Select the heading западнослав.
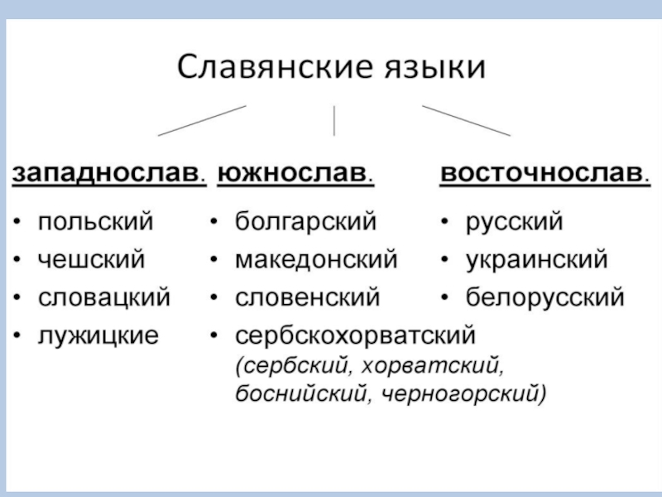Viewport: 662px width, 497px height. click(x=108, y=176)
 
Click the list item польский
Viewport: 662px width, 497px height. click(x=96, y=222)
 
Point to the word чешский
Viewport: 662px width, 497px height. click(x=92, y=259)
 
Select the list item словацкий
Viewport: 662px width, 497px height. click(x=104, y=297)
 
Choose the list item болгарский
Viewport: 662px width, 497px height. click(x=306, y=222)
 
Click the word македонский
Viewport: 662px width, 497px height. click(x=317, y=259)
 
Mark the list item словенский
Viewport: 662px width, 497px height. click(x=308, y=297)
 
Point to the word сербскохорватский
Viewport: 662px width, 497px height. click(x=356, y=335)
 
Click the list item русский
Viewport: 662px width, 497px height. click(x=514, y=222)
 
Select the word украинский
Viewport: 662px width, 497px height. click(x=536, y=259)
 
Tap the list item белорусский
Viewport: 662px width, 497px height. click(x=544, y=297)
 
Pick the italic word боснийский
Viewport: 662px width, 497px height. click(x=303, y=391)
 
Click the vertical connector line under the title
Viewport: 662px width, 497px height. click(x=333, y=121)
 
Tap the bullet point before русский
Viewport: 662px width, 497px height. click(x=445, y=223)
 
